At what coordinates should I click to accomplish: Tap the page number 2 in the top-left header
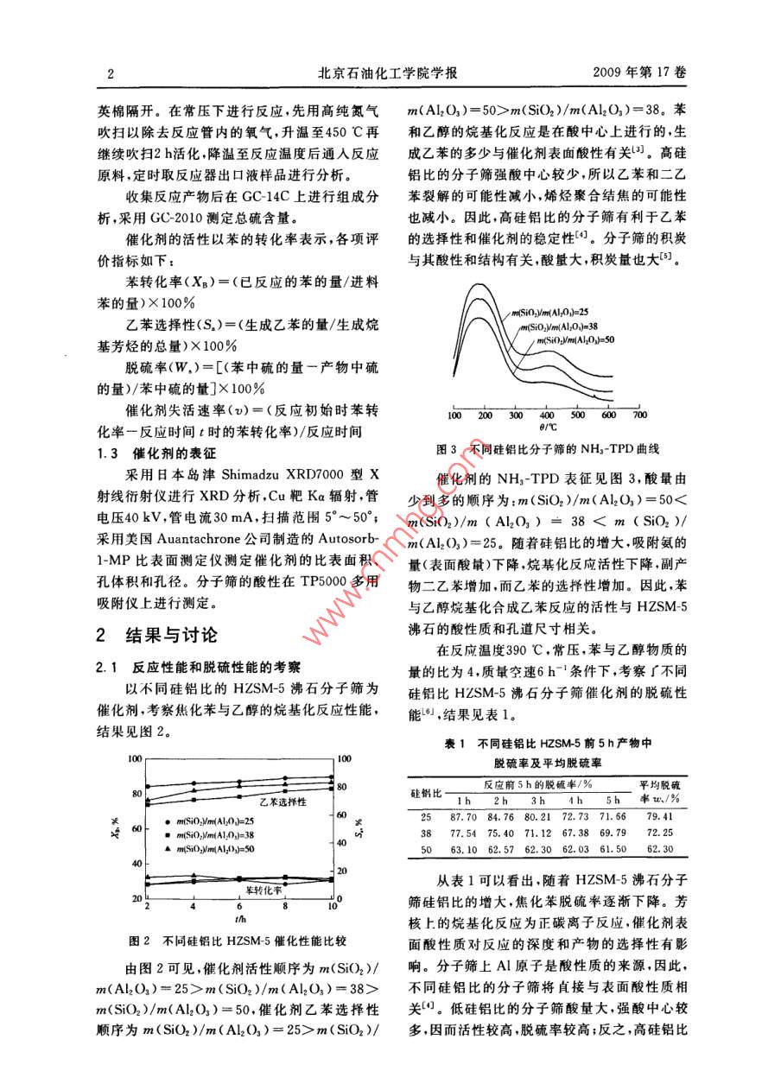(111, 74)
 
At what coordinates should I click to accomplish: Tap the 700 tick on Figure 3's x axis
(639, 415)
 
